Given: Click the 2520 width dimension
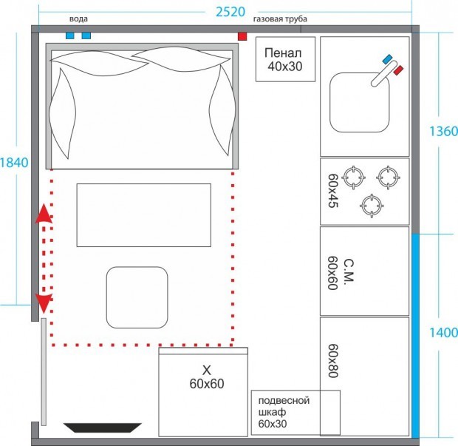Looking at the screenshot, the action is pyautogui.click(x=230, y=12).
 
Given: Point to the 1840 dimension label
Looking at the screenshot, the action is pyautogui.click(x=14, y=163).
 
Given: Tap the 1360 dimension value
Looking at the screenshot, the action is pyautogui.click(x=443, y=132).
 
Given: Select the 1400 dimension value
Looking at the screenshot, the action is pyautogui.click(x=443, y=333).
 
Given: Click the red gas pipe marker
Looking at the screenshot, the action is pyautogui.click(x=242, y=36).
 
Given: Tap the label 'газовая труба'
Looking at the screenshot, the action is pyautogui.click(x=280, y=19).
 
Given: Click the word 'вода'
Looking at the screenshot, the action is pyautogui.click(x=78, y=19).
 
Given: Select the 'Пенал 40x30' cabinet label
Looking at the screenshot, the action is pyautogui.click(x=284, y=60).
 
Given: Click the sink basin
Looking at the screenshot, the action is pyautogui.click(x=360, y=103).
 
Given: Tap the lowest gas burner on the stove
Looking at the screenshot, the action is pyautogui.click(x=372, y=206).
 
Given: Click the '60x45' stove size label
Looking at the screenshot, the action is pyautogui.click(x=333, y=191).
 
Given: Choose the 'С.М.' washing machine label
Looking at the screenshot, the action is pyautogui.click(x=349, y=270).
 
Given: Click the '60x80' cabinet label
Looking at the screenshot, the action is pyautogui.click(x=333, y=361).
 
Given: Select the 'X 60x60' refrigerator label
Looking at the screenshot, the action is pyautogui.click(x=207, y=377).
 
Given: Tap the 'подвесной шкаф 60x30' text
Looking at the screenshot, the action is pyautogui.click(x=284, y=412).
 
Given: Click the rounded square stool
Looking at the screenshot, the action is pyautogui.click(x=137, y=297).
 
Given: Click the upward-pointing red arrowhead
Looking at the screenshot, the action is pyautogui.click(x=44, y=214).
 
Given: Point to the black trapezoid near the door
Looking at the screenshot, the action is pyautogui.click(x=103, y=428).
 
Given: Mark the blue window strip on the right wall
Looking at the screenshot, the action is pyautogui.click(x=415, y=336).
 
